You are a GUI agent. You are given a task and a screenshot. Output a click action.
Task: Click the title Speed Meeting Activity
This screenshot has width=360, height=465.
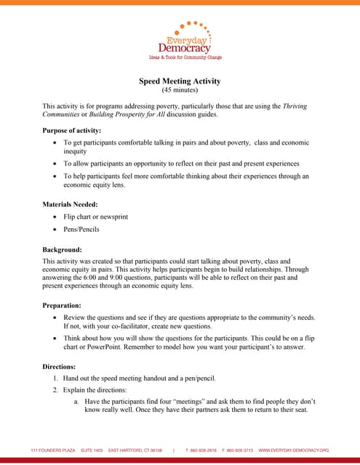(x=180, y=81)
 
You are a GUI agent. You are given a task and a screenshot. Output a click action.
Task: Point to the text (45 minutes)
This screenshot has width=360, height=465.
(x=180, y=91)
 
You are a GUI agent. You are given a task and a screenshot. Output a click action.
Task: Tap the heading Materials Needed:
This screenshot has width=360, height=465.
(x=70, y=204)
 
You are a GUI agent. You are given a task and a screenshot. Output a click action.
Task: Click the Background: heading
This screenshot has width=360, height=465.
(x=63, y=248)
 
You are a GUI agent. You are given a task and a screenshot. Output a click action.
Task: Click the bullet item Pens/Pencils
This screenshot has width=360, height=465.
(x=81, y=230)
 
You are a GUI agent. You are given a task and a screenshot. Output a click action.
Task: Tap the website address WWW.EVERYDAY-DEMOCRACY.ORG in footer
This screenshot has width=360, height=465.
(x=294, y=450)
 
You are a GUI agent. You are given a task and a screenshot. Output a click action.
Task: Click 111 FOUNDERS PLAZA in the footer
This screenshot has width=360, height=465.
(x=52, y=450)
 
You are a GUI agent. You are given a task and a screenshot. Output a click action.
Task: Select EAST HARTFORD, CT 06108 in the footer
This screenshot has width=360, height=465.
(x=135, y=450)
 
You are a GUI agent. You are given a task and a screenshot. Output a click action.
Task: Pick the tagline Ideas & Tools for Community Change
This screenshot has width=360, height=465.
(x=185, y=57)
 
